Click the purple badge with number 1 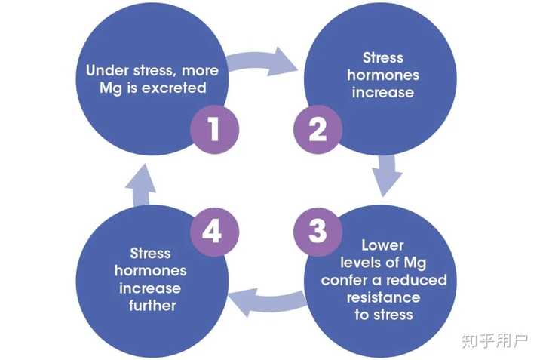[214, 129]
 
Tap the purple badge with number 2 [318, 129]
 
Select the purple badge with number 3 [318, 232]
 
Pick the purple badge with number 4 [214, 232]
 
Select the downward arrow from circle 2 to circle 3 [387, 175]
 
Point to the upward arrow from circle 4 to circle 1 [140, 186]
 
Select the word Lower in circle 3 [382, 245]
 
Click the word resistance [383, 297]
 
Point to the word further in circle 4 [152, 305]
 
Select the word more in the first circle [200, 71]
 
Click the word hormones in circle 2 [383, 75]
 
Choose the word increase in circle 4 [150, 288]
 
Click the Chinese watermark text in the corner [495, 340]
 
